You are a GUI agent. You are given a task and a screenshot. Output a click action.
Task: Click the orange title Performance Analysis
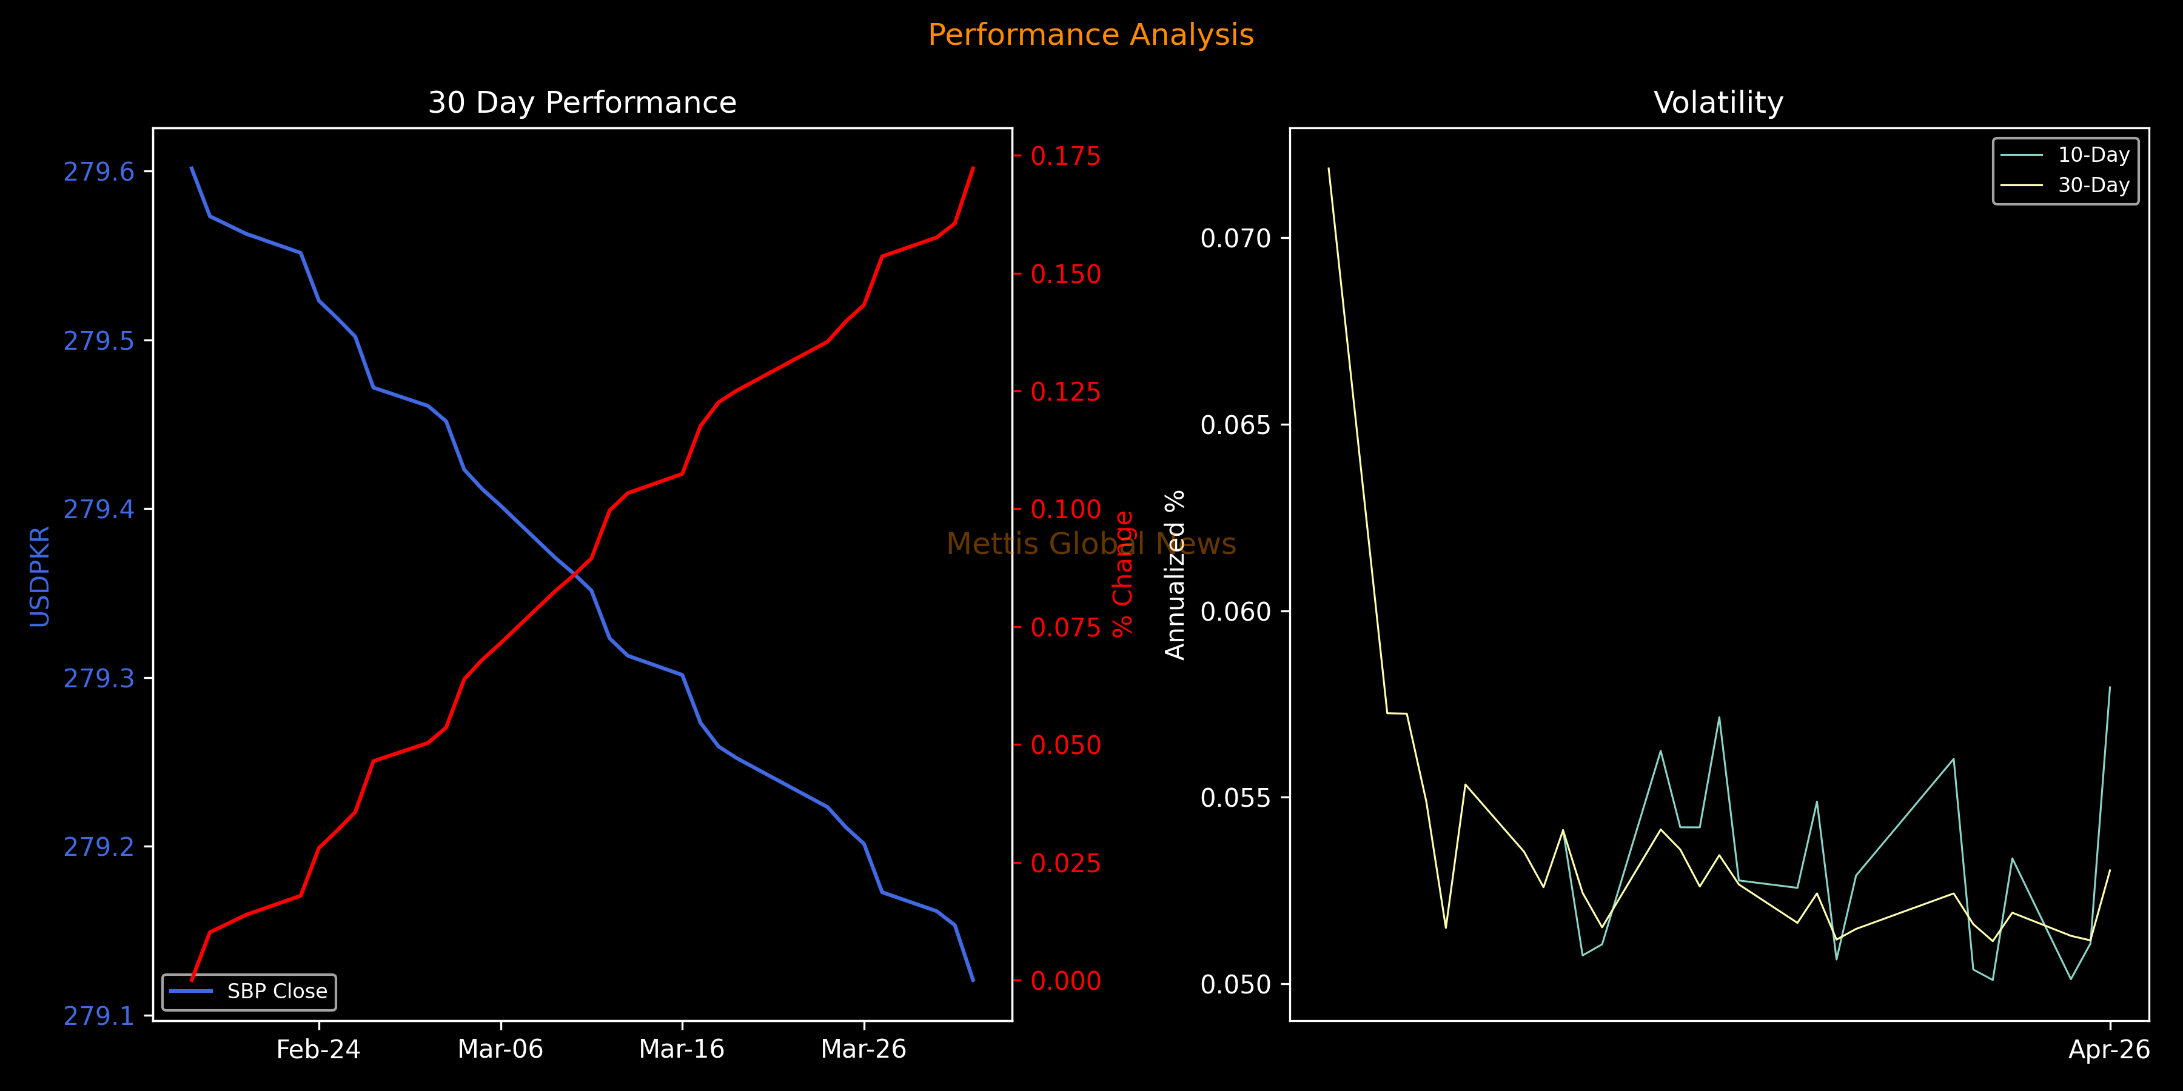click(1091, 35)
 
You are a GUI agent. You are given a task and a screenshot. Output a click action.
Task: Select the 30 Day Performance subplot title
click(582, 102)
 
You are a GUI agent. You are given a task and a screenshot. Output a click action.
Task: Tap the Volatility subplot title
click(1719, 102)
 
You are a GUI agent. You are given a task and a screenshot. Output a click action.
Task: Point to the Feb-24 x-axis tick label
click(318, 1050)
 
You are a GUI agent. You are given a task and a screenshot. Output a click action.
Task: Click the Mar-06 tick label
click(500, 1050)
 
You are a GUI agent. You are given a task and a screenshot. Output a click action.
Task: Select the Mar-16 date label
click(682, 1050)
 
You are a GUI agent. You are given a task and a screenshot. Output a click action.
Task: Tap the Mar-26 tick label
click(863, 1050)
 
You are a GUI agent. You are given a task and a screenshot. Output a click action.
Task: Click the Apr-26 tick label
click(2108, 1050)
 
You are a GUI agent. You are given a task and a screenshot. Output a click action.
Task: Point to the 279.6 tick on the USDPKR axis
click(99, 172)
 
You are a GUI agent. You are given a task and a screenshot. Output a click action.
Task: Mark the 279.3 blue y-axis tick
click(99, 678)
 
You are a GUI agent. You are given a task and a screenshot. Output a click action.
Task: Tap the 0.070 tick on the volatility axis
click(1236, 238)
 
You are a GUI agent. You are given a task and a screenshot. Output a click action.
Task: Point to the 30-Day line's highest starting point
click(1328, 168)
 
